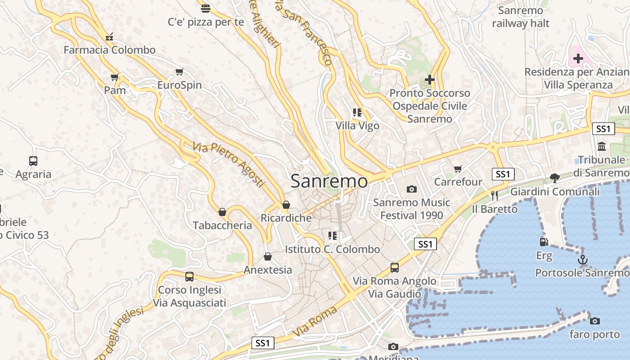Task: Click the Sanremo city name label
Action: [329, 181]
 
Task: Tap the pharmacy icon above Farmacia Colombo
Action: [109, 37]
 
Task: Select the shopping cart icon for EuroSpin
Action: [180, 72]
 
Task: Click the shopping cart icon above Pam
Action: [115, 77]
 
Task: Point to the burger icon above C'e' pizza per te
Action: [206, 8]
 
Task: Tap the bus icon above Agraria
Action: [33, 161]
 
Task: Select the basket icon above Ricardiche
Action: [286, 205]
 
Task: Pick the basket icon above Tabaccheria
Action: [222, 212]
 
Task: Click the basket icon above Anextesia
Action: [268, 256]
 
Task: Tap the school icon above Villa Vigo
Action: [357, 112]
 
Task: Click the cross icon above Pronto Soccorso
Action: [430, 80]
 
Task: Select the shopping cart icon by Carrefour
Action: [458, 169]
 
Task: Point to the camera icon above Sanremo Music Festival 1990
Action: [411, 189]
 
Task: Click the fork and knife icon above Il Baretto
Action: [495, 195]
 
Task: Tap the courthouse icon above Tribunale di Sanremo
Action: [602, 146]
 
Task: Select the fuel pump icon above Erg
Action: [544, 242]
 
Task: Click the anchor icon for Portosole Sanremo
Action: [583, 260]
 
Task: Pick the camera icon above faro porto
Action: [595, 321]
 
